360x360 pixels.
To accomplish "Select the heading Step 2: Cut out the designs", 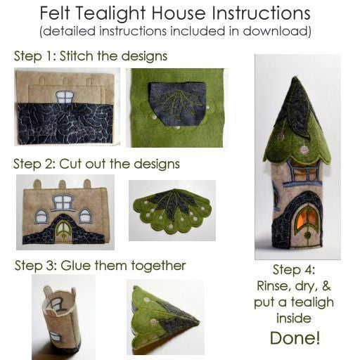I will coord(97,164).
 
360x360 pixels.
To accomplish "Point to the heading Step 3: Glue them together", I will coord(100,266).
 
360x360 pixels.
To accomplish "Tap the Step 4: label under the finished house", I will coord(294,271).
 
